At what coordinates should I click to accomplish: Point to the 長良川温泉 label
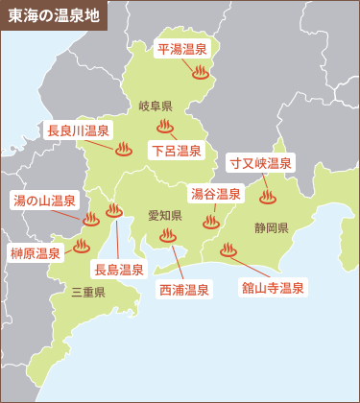click(x=78, y=130)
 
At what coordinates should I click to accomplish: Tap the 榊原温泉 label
click(x=35, y=253)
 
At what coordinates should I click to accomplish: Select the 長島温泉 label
click(x=118, y=269)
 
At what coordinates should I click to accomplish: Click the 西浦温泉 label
click(x=183, y=286)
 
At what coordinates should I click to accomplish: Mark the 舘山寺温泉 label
click(x=274, y=286)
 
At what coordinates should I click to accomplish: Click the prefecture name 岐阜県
click(x=155, y=106)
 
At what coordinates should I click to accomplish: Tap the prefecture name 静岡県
click(x=272, y=227)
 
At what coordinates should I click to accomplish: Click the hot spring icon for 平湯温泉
click(x=201, y=71)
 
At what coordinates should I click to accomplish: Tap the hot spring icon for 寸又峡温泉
click(x=268, y=197)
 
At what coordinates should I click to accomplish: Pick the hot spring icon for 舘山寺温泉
click(x=228, y=249)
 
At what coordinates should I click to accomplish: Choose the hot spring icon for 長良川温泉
click(x=123, y=149)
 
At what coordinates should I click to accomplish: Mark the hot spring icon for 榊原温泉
click(x=82, y=245)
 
